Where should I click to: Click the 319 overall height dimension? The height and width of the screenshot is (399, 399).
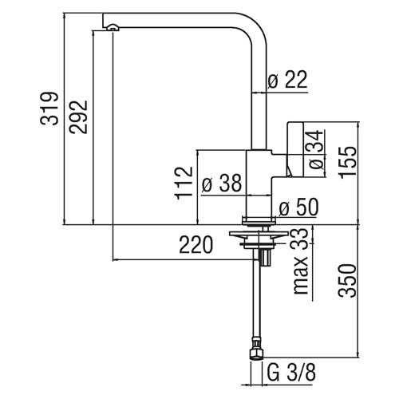tap(49, 109)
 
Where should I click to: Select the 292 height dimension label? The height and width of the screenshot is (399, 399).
tap(78, 117)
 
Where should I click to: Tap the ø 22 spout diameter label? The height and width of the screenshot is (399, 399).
tap(287, 80)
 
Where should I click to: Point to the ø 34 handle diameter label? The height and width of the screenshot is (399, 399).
tap(316, 150)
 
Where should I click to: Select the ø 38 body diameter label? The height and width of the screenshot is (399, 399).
tap(222, 183)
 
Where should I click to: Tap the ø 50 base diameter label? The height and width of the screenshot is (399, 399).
tap(298, 207)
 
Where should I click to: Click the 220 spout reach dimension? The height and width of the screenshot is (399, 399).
tap(196, 245)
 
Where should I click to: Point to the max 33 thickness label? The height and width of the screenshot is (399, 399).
tap(301, 262)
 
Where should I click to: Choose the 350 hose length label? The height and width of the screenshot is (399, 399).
tap(347, 281)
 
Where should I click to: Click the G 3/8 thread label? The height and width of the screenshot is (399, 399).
tap(291, 373)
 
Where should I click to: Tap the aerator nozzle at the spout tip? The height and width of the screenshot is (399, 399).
tap(113, 27)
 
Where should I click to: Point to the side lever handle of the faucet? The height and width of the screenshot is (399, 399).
tap(295, 149)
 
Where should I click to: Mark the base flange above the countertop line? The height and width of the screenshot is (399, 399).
tap(259, 221)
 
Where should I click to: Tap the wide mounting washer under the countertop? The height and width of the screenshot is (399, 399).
tap(259, 235)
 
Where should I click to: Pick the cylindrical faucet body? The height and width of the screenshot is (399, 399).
tap(259, 184)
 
